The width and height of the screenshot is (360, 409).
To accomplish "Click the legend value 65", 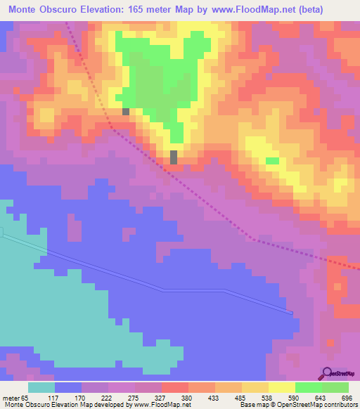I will click(x=25, y=397).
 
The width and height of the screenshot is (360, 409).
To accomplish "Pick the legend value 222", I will click(x=108, y=397).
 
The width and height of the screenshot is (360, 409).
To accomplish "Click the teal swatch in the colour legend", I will click(x=41, y=387).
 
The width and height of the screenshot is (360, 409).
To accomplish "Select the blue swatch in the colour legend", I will click(x=67, y=387).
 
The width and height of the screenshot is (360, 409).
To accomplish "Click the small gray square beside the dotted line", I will click(x=126, y=111).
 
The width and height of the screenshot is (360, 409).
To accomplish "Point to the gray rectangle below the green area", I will click(x=174, y=157).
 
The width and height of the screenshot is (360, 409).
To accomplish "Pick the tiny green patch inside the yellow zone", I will click(x=272, y=161).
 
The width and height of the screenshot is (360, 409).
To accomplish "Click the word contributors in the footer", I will click(x=339, y=405).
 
